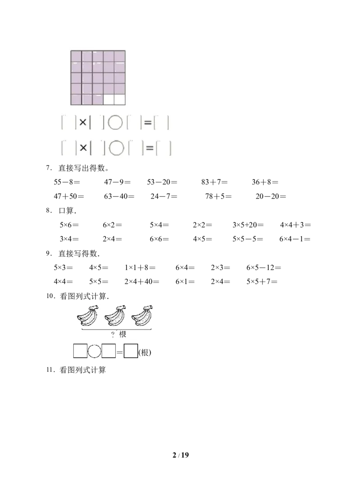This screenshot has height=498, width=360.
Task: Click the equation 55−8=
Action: point(67,182)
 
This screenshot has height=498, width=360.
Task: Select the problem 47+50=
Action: point(69,196)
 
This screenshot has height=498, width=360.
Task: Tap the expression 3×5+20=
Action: point(248,225)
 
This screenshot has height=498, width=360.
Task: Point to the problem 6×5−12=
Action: point(264,267)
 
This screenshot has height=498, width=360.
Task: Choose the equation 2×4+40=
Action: point(142,281)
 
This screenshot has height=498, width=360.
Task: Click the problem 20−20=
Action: point(271,196)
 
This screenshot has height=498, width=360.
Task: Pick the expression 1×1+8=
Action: point(140,267)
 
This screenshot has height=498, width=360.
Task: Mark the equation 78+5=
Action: point(218,196)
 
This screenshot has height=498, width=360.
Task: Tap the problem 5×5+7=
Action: point(262,281)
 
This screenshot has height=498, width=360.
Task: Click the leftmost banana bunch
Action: point(88,316)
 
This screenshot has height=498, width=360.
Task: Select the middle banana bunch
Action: point(115,316)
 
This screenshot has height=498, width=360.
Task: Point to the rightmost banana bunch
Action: point(142,316)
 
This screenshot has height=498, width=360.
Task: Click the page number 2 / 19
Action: point(180,455)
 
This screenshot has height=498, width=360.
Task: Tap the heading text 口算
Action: point(66,211)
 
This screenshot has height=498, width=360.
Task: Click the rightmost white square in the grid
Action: point(120,100)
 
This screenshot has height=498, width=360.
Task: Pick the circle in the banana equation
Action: point(94,351)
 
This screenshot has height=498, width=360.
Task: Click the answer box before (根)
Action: point(130,351)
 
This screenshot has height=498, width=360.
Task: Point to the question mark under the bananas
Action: point(112,335)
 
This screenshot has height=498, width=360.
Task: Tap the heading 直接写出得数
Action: point(81,168)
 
